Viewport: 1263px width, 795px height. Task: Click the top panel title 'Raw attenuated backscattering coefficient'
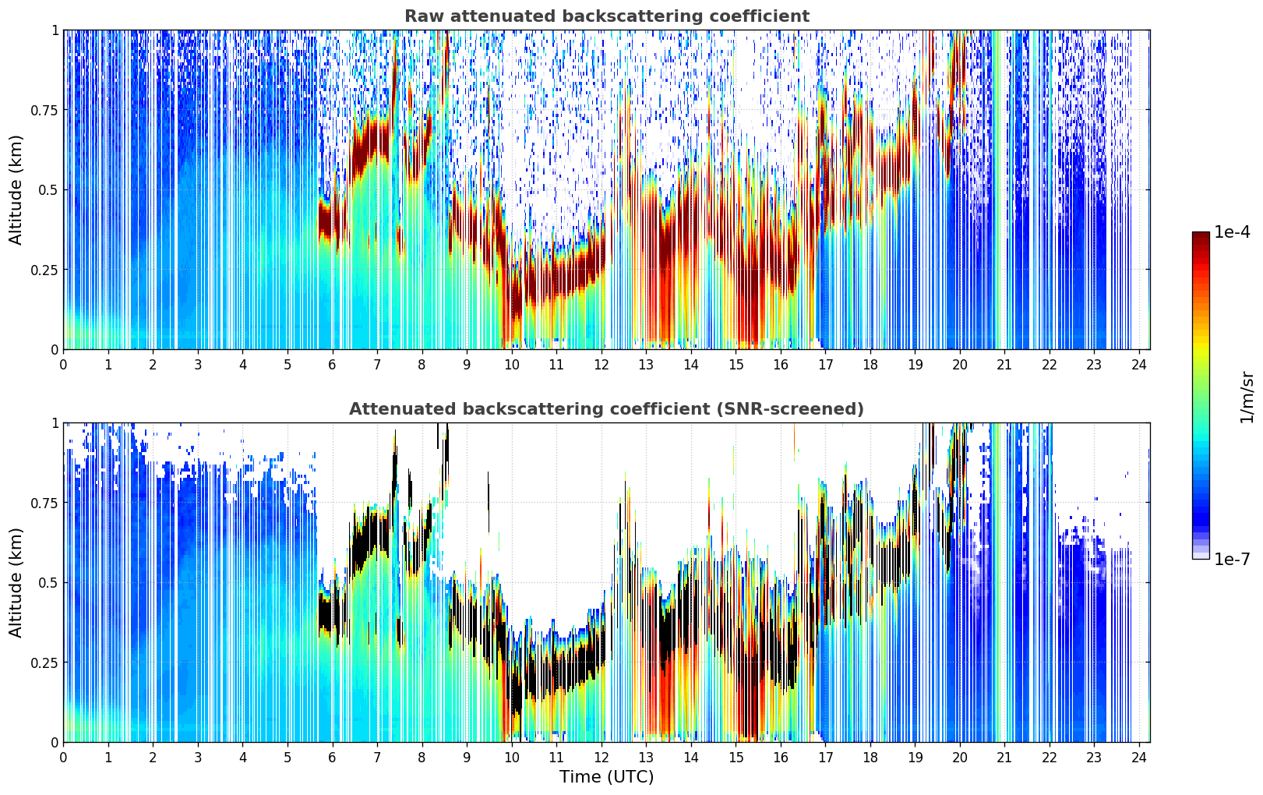[x=607, y=16]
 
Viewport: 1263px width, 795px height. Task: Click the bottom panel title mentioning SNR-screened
[x=607, y=408]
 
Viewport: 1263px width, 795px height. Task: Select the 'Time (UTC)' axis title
[x=607, y=777]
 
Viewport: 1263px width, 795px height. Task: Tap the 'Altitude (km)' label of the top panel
[x=16, y=190]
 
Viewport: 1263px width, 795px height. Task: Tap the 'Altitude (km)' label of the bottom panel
[x=16, y=583]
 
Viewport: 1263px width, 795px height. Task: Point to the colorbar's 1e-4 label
[x=1232, y=231]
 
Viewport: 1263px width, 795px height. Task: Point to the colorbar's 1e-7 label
[x=1232, y=560]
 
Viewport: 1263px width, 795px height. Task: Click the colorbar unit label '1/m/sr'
[x=1247, y=397]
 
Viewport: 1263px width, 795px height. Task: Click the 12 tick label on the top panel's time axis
[x=602, y=364]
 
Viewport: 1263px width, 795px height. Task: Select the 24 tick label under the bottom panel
[x=1140, y=758]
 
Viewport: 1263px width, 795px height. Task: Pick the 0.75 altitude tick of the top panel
[x=44, y=111]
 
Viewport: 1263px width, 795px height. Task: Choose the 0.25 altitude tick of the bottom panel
[x=44, y=662]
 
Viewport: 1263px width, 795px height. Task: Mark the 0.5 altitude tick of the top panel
[x=48, y=190]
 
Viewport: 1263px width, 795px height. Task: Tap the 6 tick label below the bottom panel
[x=332, y=758]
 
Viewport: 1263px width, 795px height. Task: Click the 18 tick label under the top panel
[x=870, y=364]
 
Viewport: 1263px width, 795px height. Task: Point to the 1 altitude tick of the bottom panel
[x=55, y=423]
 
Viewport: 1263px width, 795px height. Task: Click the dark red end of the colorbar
[x=1201, y=235]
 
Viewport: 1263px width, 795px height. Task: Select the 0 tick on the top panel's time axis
[x=63, y=364]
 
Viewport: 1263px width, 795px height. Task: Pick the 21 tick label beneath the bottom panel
[x=1005, y=758]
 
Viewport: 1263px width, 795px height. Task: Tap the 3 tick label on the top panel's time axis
[x=198, y=364]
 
